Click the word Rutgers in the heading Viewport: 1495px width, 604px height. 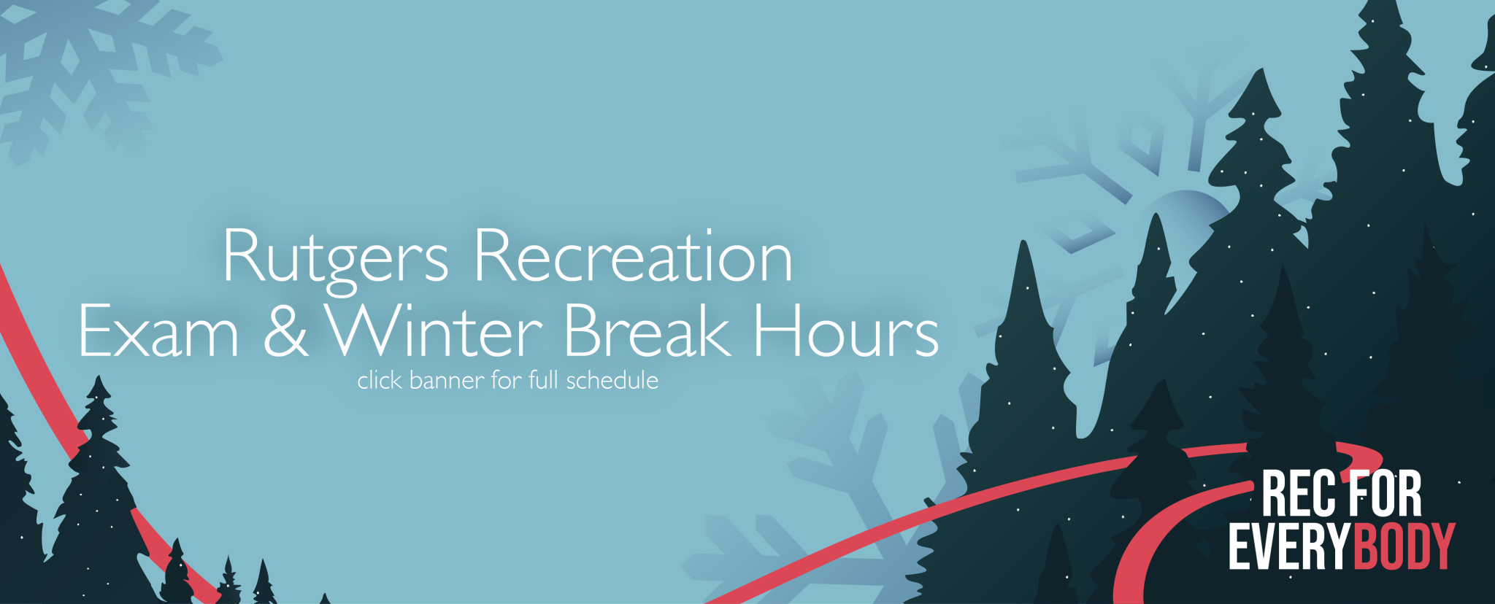[x=335, y=257]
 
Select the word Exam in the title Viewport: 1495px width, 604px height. [x=158, y=332]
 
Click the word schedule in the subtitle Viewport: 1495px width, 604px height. [x=612, y=380]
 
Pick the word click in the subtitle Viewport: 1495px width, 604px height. [x=379, y=380]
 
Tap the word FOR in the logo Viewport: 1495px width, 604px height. [x=1385, y=494]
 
